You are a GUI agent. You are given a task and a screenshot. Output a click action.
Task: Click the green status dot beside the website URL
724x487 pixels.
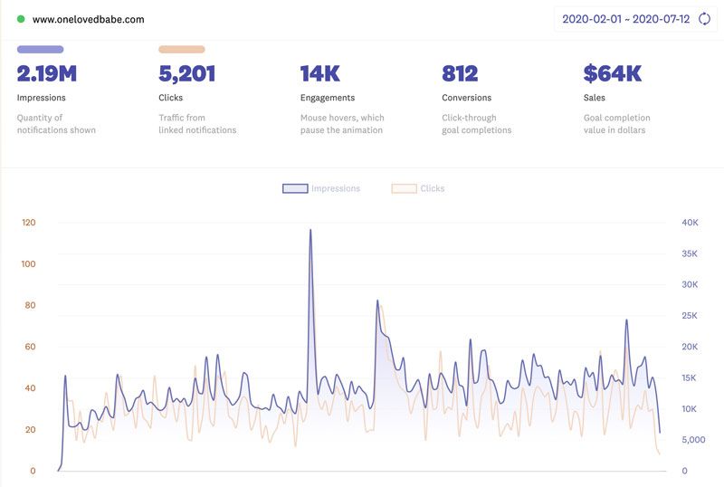pos(21,19)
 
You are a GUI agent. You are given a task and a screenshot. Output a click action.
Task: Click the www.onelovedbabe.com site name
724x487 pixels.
pos(88,19)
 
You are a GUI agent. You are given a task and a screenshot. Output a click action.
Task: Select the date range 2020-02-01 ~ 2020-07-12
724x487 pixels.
pos(625,19)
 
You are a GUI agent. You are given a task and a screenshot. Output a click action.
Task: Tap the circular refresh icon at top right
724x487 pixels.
pos(704,19)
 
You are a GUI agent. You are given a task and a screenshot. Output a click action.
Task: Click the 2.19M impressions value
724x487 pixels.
pos(46,74)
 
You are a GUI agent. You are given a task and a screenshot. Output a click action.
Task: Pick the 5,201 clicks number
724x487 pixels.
pos(187,74)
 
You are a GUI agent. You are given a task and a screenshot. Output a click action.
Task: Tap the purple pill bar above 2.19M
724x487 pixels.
pos(40,50)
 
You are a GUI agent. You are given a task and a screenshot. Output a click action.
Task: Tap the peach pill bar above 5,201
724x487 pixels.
pos(182,50)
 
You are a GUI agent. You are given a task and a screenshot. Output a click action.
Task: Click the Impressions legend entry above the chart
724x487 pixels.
pos(321,188)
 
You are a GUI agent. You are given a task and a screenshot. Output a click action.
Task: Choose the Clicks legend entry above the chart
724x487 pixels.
pos(418,188)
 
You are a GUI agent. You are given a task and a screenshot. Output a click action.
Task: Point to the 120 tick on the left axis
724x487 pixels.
pos(28,223)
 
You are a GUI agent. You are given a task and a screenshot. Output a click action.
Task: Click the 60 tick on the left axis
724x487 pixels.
pos(30,347)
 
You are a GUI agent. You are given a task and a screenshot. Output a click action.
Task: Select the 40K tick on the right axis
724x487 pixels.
pos(690,223)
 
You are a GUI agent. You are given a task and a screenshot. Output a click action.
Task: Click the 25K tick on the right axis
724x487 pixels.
pos(690,316)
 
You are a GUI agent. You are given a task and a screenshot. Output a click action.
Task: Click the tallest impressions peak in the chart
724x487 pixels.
pos(310,230)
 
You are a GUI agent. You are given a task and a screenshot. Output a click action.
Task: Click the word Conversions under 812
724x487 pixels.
pos(466,98)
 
